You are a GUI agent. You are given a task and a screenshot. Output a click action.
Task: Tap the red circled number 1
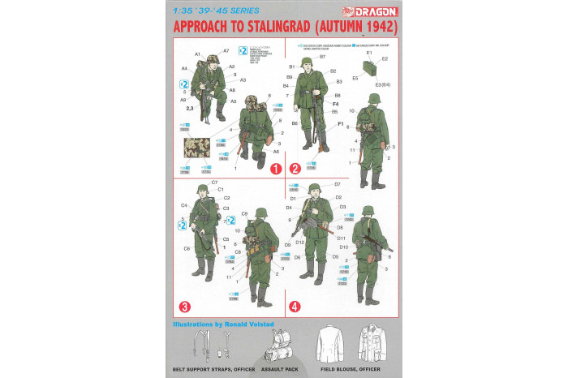point(275,170)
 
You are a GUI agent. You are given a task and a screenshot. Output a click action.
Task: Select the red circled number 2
point(295,170)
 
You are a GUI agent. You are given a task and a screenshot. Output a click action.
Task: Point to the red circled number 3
point(185,307)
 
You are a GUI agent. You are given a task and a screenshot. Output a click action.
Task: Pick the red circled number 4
point(295,307)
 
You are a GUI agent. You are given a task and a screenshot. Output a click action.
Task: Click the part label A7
point(226,51)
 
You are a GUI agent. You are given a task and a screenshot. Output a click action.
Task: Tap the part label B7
point(322,57)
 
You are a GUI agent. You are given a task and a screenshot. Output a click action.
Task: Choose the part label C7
point(214,183)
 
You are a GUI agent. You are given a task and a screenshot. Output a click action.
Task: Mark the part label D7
point(338,185)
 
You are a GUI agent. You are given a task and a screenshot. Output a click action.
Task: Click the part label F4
point(335,104)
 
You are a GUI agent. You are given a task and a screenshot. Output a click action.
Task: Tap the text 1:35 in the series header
point(183,11)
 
